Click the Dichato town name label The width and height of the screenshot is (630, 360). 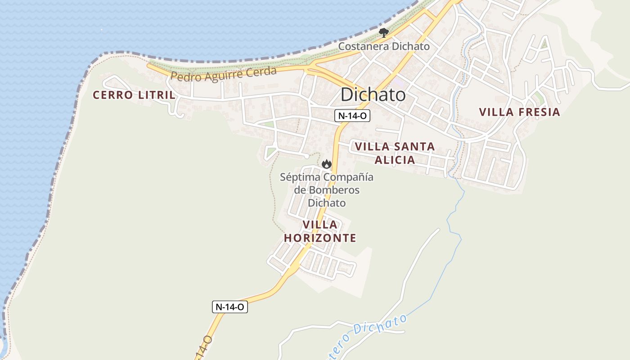pos(373,95)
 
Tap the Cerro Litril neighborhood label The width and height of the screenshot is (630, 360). pos(134,95)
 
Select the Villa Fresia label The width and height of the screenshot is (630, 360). pos(519,112)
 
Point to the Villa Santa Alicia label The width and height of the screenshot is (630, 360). pos(395,153)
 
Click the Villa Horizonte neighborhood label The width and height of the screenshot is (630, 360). pos(320,231)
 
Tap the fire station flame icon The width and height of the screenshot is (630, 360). pos(327,164)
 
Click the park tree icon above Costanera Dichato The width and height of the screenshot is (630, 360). pos(383,32)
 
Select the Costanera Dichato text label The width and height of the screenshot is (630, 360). pos(384,46)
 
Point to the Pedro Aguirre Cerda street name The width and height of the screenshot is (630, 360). pos(224,74)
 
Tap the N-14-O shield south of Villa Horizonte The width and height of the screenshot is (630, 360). pos(230,307)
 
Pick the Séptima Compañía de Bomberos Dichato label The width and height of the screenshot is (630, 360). pos(327,190)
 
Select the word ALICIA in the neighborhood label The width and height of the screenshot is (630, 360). pos(395,160)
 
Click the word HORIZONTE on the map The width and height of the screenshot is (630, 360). pos(320,238)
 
